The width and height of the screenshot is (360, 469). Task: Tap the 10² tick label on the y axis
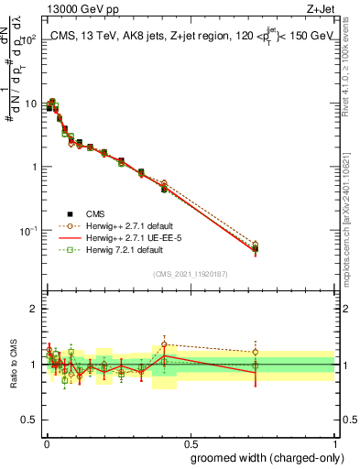point(27,41)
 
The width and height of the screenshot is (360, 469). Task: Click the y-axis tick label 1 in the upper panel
point(33,167)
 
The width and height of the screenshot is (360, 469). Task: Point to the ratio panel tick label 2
point(33,310)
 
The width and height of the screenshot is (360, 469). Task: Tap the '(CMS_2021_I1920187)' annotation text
point(190,274)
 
